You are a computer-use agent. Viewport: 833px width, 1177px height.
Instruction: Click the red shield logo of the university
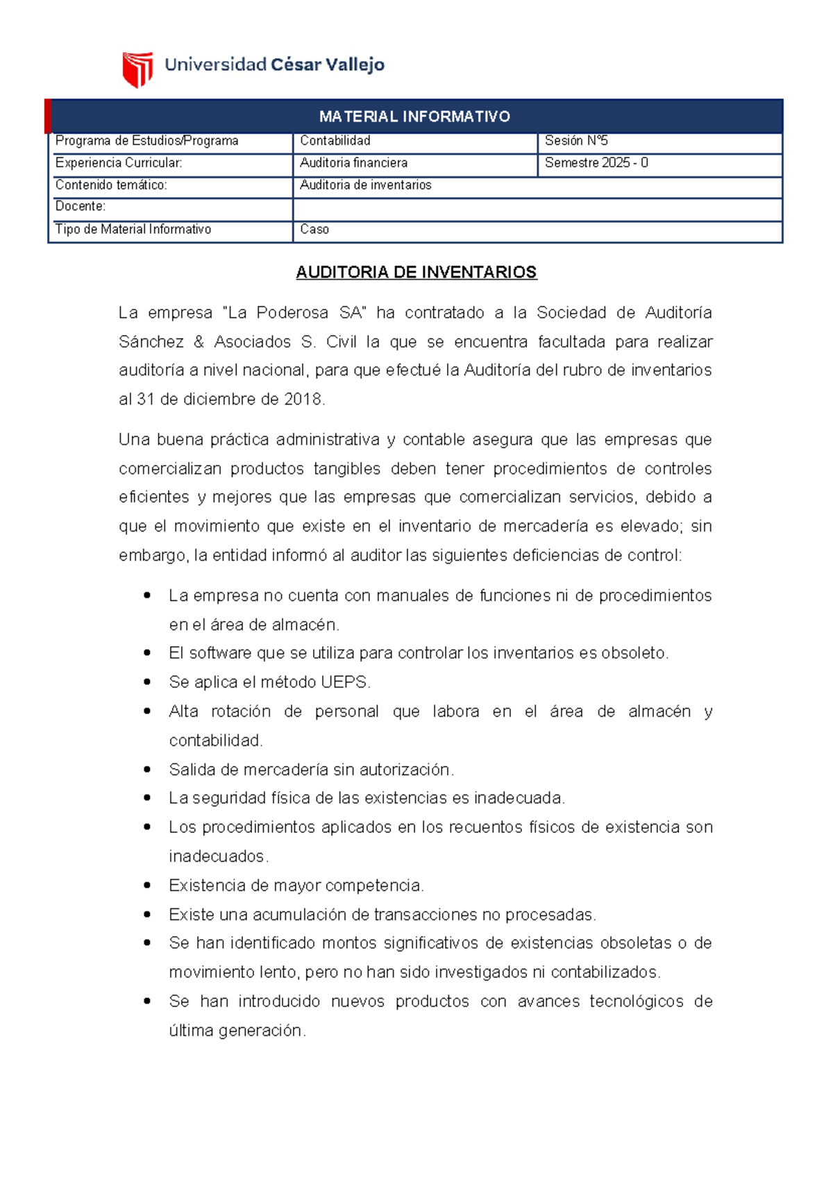coord(137,69)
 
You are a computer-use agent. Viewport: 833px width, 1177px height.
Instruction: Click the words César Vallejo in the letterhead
coord(327,65)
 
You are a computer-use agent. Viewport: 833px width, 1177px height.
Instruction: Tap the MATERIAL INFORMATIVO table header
coord(414,117)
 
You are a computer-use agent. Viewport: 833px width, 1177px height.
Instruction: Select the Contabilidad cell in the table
coord(335,141)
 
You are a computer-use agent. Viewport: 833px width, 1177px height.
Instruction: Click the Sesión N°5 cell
coord(576,141)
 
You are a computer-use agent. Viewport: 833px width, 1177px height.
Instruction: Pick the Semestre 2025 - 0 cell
coord(596,163)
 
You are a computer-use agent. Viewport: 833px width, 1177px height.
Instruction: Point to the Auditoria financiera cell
coord(353,163)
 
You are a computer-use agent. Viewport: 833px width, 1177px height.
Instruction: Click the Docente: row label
coord(81,206)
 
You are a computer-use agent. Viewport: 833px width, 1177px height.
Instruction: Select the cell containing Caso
coord(314,230)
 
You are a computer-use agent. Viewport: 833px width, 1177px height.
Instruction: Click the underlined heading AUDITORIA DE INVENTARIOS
coord(416,272)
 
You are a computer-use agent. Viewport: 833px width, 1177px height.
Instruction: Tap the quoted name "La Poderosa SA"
coord(294,313)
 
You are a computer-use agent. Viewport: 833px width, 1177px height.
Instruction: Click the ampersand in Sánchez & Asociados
coord(199,342)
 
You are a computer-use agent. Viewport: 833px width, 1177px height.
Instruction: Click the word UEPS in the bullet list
coord(344,682)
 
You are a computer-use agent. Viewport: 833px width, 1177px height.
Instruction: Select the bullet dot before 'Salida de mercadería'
coord(147,769)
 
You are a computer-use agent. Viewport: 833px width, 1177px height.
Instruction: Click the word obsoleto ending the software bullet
coord(634,653)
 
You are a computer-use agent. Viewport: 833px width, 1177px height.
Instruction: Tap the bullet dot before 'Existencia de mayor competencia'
coord(147,885)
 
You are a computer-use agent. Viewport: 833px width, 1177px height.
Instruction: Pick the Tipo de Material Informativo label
coord(133,230)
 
